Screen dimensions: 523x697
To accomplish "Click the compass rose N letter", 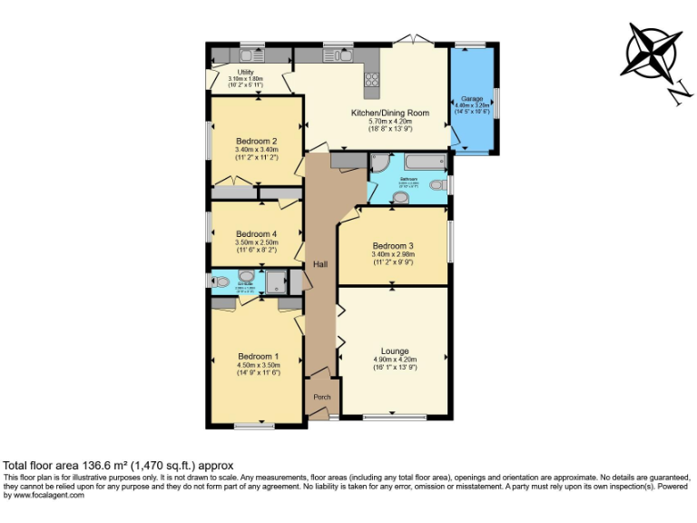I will (x=674, y=91).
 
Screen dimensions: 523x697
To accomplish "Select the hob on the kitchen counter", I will (x=372, y=84).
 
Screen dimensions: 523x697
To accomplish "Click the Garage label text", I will (x=471, y=98).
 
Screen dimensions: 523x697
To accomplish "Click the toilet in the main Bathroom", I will (x=437, y=186).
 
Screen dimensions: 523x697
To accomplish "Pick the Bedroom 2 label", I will (x=256, y=141).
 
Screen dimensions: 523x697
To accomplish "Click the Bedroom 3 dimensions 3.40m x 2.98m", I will (x=392, y=255).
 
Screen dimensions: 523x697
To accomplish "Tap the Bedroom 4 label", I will (x=256, y=234).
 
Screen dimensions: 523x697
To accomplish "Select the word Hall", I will (x=319, y=264).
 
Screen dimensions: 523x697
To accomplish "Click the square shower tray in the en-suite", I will (x=276, y=281).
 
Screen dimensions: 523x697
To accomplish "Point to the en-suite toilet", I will (x=220, y=281).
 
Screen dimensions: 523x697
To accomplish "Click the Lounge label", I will (x=394, y=351).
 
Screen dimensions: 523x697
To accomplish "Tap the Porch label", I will (x=321, y=397).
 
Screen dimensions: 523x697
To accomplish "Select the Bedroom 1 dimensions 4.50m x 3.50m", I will (x=258, y=365).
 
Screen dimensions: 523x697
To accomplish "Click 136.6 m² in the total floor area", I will (x=92, y=465).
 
